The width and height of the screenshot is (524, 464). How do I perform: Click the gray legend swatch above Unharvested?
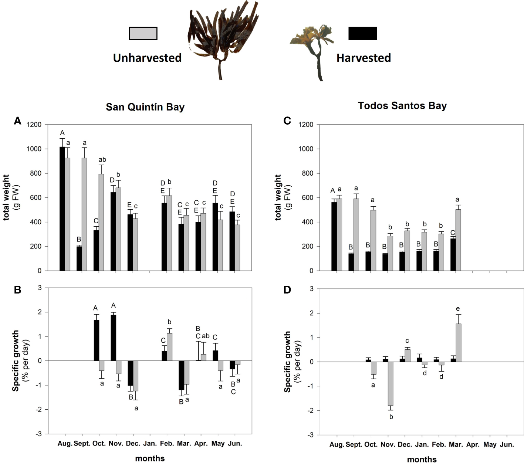click(143, 33)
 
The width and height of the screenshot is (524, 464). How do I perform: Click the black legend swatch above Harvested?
click(362, 33)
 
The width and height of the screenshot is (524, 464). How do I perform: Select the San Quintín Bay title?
click(145, 107)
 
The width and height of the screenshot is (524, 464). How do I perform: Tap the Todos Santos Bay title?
click(402, 106)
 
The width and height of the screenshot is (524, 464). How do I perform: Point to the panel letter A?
click(17, 121)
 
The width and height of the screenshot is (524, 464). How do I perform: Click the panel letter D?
click(287, 290)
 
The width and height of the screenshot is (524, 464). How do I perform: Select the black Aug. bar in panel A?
click(62, 209)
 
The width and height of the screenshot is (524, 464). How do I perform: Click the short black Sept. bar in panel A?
click(79, 258)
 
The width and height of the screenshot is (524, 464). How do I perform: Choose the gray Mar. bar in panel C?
click(458, 240)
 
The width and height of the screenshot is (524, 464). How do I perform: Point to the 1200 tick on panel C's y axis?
click(305, 125)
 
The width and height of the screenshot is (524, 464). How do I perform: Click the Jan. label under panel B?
click(150, 443)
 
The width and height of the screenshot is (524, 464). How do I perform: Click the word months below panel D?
click(422, 459)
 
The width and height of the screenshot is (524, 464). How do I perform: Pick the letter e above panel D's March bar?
click(458, 309)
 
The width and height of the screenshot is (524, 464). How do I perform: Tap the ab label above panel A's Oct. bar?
click(102, 160)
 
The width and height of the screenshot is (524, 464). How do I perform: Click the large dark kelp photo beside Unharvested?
click(222, 37)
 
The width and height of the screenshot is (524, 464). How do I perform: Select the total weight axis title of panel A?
click(7, 198)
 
